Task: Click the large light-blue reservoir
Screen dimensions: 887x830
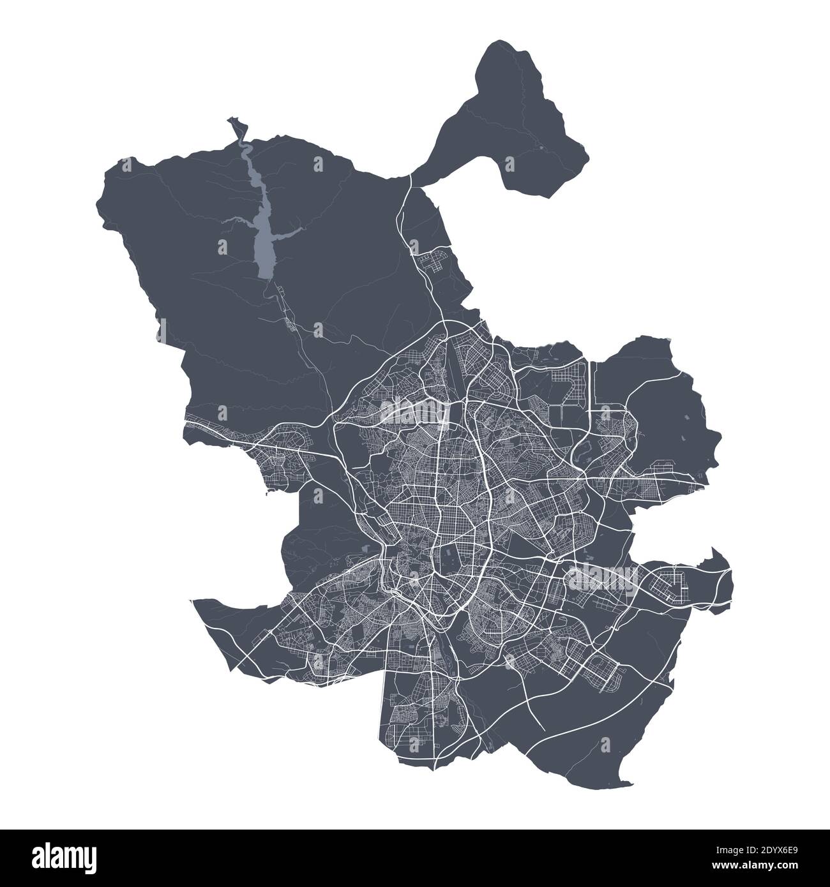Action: [x=263, y=242]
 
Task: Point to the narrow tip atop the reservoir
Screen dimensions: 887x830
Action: [x=236, y=121]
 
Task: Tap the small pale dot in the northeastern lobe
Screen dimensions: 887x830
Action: [x=541, y=148]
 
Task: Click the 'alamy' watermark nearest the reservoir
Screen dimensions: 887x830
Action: [x=412, y=408]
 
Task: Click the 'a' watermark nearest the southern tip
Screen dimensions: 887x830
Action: [x=605, y=742]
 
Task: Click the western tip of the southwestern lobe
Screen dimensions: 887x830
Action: [x=194, y=600]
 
